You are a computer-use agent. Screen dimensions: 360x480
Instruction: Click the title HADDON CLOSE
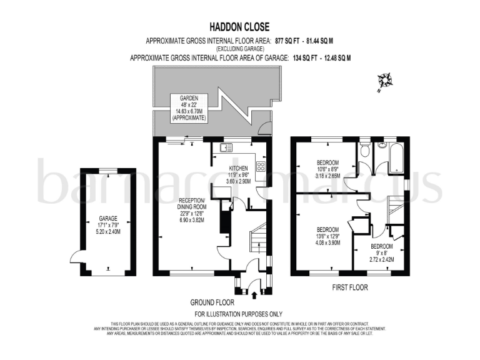239,27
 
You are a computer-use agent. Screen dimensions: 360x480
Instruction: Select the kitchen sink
225,147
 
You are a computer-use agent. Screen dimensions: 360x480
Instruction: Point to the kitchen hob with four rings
261,166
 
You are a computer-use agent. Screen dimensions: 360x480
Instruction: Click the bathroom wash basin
381,146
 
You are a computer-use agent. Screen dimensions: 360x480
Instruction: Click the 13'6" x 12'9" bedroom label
327,236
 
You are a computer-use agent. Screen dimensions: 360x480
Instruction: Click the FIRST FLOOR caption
349,288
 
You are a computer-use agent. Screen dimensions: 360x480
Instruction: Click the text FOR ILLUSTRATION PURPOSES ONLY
239,314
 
